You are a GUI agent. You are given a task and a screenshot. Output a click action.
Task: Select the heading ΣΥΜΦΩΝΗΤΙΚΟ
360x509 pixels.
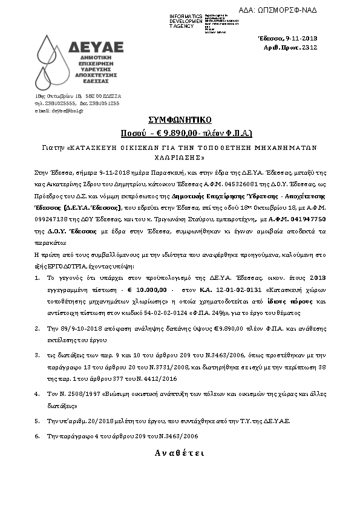pyautogui.click(x=179, y=120)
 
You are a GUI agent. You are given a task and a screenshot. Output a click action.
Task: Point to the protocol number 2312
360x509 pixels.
pyautogui.click(x=309, y=47)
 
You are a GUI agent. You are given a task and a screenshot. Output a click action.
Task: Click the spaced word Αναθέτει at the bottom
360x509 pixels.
pyautogui.click(x=179, y=453)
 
